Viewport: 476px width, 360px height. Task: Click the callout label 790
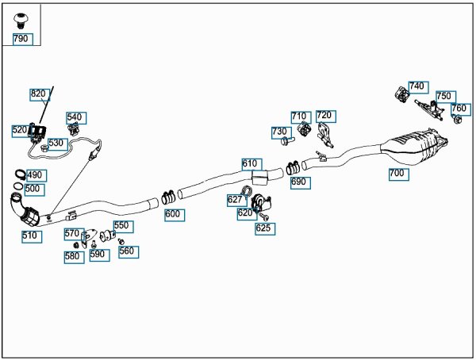22,39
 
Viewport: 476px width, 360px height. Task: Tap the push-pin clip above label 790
21,21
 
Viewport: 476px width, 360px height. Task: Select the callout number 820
39,94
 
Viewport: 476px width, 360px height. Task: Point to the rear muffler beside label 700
414,147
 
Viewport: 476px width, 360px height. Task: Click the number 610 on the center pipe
251,164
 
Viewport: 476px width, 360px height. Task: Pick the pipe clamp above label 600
168,197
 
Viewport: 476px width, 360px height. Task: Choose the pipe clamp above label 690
294,168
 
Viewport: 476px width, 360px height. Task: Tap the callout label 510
32,236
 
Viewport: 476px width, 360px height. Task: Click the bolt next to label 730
287,140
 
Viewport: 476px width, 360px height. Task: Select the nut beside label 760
457,119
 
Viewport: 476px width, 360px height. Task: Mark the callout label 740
418,87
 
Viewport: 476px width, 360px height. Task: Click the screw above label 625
263,216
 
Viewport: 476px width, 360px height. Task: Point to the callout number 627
236,201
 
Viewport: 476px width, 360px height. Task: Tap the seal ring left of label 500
18,186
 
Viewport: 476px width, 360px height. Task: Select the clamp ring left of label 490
21,174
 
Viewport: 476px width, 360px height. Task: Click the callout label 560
129,252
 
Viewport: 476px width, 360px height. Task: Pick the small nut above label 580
76,245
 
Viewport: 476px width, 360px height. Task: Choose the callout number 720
326,116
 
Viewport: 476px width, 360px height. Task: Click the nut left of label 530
44,148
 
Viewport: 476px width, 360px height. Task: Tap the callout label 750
446,97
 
